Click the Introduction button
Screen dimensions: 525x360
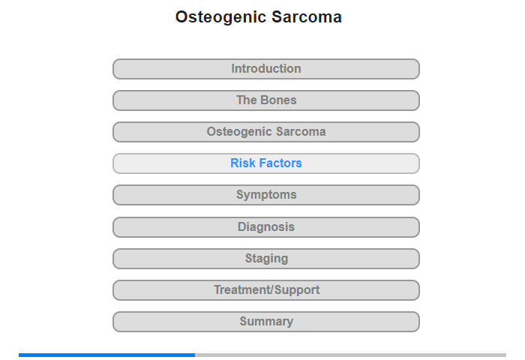[x=266, y=69]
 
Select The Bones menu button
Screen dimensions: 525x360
[x=266, y=100]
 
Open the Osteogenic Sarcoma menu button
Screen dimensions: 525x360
[x=266, y=132]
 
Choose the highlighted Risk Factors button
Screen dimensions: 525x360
[x=266, y=163]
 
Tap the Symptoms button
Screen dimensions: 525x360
[x=266, y=195]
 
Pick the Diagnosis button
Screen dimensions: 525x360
[x=266, y=227]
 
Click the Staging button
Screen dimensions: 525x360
[x=266, y=259]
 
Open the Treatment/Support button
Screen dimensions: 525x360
[x=266, y=290]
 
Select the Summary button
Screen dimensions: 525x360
[x=266, y=322]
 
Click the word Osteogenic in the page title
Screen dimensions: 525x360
[x=220, y=18]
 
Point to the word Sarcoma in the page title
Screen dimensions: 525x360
[x=307, y=17]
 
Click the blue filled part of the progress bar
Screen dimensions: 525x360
[x=106, y=355]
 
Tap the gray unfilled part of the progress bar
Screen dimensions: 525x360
[x=350, y=355]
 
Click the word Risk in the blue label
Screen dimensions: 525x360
[x=241, y=163]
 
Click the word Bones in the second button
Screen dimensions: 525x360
[x=278, y=100]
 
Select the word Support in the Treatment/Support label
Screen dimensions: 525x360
[x=297, y=290]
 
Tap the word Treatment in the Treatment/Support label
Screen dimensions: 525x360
[x=243, y=289]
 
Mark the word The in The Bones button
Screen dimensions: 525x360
[x=247, y=100]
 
